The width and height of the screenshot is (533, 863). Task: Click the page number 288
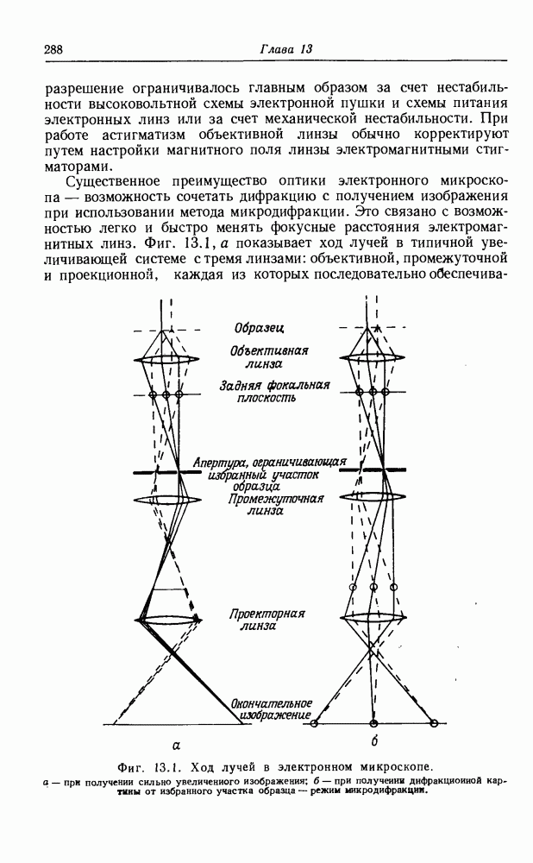pos(53,49)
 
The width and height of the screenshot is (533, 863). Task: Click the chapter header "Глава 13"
pos(286,49)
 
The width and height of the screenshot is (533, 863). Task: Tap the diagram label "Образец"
pos(260,329)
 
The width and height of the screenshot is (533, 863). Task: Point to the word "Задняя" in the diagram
pos(240,386)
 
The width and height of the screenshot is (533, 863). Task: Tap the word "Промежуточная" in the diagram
pos(276,499)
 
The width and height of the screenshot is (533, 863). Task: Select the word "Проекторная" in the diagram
pos(267,614)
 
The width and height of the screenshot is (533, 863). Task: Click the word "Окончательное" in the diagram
pos(271,703)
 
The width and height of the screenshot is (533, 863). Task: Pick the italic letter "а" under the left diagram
pos(176,746)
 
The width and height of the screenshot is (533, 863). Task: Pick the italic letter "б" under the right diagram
pos(374,741)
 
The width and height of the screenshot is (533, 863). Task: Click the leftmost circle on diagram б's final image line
pos(315,723)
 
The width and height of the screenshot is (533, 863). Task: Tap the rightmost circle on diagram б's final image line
pos(434,723)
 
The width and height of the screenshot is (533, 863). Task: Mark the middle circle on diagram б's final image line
pos(374,723)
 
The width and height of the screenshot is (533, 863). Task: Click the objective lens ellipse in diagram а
pos(166,360)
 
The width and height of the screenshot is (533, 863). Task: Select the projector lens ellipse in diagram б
pos(373,618)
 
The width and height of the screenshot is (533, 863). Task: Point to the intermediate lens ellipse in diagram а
pos(167,501)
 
